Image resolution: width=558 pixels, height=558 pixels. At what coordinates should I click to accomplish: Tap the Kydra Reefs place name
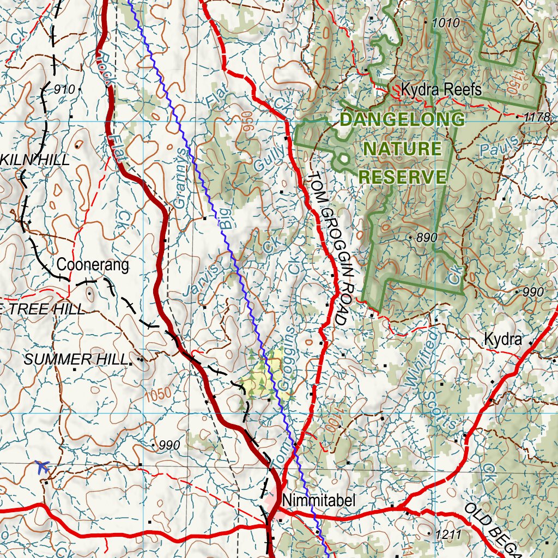coord(441,89)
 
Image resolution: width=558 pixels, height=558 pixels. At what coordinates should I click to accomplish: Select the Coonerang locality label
coord(93,265)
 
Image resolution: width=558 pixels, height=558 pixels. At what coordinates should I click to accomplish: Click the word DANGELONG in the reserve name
coord(403,119)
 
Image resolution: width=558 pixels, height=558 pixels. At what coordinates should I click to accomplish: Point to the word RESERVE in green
coord(403,177)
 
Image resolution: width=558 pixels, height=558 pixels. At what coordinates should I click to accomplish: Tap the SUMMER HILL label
coord(76,359)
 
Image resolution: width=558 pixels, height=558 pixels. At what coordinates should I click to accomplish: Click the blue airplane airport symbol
coord(43,466)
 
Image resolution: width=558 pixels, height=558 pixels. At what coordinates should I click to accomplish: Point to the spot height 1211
coord(447,534)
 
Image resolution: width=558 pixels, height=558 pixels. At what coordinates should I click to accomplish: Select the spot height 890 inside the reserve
coord(427,238)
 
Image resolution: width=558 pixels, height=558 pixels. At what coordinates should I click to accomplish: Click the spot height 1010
coord(446,23)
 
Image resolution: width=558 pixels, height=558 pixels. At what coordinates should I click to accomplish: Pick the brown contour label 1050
coord(159,394)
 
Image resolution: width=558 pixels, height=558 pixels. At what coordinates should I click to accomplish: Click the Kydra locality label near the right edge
coord(502,340)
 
